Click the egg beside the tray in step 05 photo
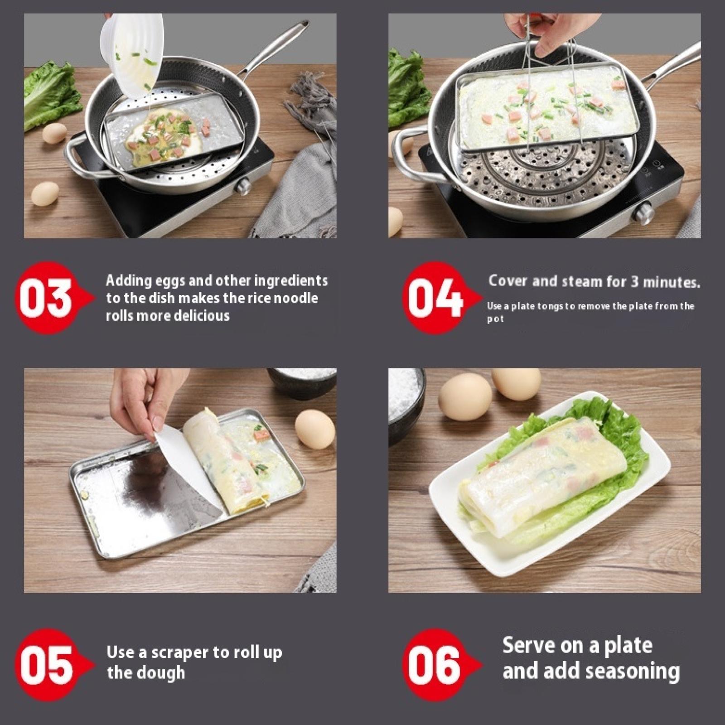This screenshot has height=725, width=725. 314,429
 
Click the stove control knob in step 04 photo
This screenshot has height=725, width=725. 644,214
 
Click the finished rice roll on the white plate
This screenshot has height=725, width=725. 544,477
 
